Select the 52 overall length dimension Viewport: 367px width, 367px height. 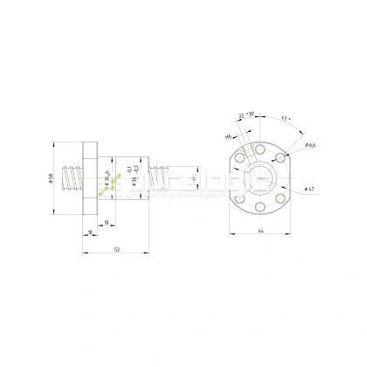click(117, 250)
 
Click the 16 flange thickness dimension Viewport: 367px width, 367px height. click(90, 232)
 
